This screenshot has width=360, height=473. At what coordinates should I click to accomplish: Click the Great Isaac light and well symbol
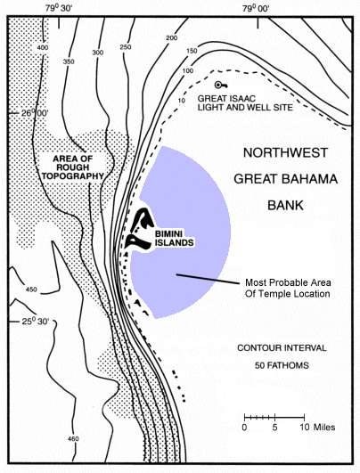[x=220, y=85]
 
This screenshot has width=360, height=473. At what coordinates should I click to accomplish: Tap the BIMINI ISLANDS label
[x=172, y=241]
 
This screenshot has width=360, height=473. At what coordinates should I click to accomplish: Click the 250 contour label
[x=125, y=47]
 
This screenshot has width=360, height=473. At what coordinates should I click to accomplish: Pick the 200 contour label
[x=171, y=38]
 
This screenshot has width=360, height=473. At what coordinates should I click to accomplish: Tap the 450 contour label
[x=33, y=290]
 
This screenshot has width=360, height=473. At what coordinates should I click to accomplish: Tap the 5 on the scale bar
[x=274, y=427]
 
